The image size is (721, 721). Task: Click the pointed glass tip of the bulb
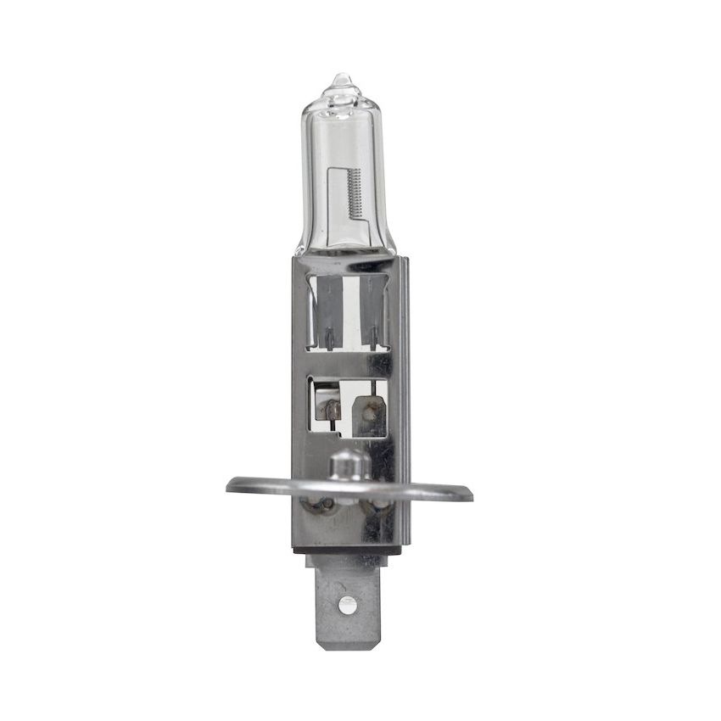(341, 78)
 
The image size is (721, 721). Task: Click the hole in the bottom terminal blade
(346, 605)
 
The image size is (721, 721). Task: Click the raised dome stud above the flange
(349, 463)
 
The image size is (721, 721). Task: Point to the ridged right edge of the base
(403, 399)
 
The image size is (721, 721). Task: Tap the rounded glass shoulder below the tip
(343, 99)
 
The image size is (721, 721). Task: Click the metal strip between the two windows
(348, 363)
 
